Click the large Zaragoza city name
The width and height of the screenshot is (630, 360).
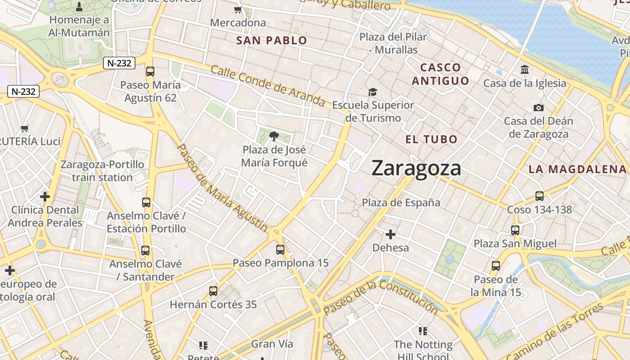416,169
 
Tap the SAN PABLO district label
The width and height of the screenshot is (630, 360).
271,40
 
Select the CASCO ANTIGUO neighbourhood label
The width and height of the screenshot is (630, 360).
441,74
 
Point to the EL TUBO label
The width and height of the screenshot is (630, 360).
431,139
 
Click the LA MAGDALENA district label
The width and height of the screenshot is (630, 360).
577,170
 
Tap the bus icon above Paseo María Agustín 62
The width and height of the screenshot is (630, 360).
150,72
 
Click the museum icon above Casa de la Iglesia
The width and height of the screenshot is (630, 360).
524,70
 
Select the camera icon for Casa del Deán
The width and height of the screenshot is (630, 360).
538,108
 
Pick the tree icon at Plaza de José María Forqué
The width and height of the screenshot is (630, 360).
274,136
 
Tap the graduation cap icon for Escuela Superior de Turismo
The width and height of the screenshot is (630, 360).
373,92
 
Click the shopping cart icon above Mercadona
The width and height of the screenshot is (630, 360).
238,9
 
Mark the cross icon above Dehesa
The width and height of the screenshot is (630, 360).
391,234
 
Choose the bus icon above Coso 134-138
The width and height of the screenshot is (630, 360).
539,196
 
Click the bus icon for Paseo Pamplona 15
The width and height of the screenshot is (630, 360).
280,250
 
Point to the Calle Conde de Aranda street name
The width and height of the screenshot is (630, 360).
267,85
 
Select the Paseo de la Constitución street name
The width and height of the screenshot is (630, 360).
380,297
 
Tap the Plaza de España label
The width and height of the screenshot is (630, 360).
401,202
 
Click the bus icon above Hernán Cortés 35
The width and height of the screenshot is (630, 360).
213,291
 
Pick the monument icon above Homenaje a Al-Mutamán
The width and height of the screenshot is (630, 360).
80,6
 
